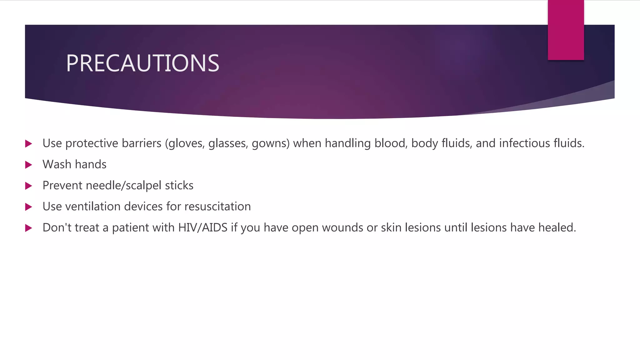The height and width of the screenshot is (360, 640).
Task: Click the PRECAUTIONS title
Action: click(142, 63)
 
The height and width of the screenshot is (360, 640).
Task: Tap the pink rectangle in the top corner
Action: click(566, 30)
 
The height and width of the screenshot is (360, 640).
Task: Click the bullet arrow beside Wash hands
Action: click(28, 165)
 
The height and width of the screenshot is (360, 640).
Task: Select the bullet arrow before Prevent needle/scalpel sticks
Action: click(28, 186)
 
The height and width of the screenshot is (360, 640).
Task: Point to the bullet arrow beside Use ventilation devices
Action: click(28, 207)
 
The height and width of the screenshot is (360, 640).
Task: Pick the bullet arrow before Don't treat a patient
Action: click(28, 228)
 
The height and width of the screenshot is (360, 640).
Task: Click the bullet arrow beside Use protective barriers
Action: click(28, 144)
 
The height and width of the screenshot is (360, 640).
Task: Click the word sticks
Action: click(179, 186)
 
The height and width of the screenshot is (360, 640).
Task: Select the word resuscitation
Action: click(217, 207)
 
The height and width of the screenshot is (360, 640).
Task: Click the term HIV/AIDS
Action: click(203, 227)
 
